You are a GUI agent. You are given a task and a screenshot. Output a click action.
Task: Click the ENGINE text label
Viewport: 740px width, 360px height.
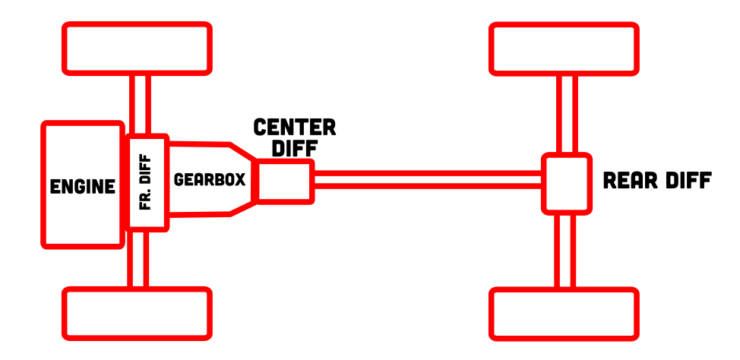pyautogui.click(x=83, y=186)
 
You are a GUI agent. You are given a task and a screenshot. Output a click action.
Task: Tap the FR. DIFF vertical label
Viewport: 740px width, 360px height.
pyautogui.click(x=147, y=182)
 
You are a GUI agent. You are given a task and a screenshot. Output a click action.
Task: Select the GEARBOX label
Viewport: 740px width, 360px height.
pyautogui.click(x=210, y=180)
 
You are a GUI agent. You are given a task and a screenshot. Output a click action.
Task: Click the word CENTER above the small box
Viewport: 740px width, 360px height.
pyautogui.click(x=295, y=127)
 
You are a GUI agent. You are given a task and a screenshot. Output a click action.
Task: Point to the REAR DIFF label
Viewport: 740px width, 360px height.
pyautogui.click(x=656, y=181)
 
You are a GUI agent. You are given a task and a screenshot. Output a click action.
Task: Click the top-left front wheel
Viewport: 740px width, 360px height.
pyautogui.click(x=137, y=49)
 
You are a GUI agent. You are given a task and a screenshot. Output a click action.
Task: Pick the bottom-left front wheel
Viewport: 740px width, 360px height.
pyautogui.click(x=137, y=312)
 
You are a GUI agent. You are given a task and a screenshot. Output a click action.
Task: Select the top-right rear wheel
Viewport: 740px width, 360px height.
pyautogui.click(x=563, y=49)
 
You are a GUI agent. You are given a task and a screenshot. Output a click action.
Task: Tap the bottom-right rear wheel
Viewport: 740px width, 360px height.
pyautogui.click(x=563, y=312)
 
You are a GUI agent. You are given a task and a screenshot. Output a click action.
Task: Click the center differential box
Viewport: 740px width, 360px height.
pyautogui.click(x=285, y=182)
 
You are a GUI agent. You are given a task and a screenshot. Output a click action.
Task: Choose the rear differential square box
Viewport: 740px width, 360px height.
pyautogui.click(x=566, y=183)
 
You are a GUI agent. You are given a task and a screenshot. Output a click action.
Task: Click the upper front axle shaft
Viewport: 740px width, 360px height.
pyautogui.click(x=139, y=105)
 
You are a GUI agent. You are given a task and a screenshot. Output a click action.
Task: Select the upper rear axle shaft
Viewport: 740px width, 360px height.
pyautogui.click(x=566, y=114)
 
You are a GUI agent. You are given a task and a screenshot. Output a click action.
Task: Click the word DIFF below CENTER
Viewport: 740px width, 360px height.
pyautogui.click(x=294, y=148)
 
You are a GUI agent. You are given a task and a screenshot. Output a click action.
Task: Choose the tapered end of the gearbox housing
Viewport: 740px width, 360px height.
pyautogui.click(x=243, y=180)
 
